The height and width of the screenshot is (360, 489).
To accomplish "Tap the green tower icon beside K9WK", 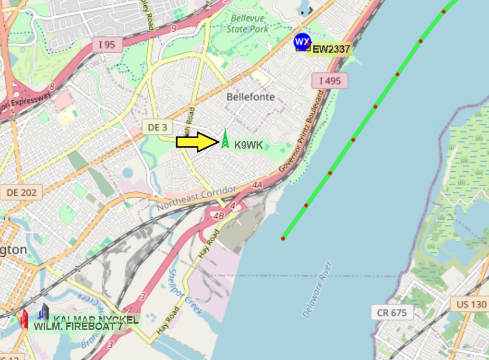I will pyautogui.click(x=225, y=139).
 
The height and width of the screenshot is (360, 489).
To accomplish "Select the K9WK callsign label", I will pyautogui.click(x=248, y=145).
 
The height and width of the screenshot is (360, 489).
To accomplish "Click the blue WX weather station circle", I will pyautogui.click(x=302, y=41).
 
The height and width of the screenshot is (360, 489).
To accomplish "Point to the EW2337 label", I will pyautogui.click(x=331, y=49).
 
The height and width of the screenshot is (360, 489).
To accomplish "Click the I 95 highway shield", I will pyautogui.click(x=107, y=45).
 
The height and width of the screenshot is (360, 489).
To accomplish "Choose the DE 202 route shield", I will pyautogui.click(x=22, y=192).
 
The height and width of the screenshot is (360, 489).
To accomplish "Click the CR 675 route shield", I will pyautogui.click(x=392, y=313).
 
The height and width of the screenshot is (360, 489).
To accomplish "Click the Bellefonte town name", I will pyautogui.click(x=251, y=97).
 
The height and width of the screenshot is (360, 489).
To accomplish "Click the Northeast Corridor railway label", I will pyautogui.click(x=196, y=197).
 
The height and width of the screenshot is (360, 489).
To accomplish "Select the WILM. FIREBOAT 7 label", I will pyautogui.click(x=79, y=327).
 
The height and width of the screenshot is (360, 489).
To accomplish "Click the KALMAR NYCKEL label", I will pyautogui.click(x=95, y=319).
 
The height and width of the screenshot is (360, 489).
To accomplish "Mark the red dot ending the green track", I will pyautogui.click(x=283, y=239).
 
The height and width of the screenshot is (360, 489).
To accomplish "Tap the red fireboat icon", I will pyautogui.click(x=24, y=319).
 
